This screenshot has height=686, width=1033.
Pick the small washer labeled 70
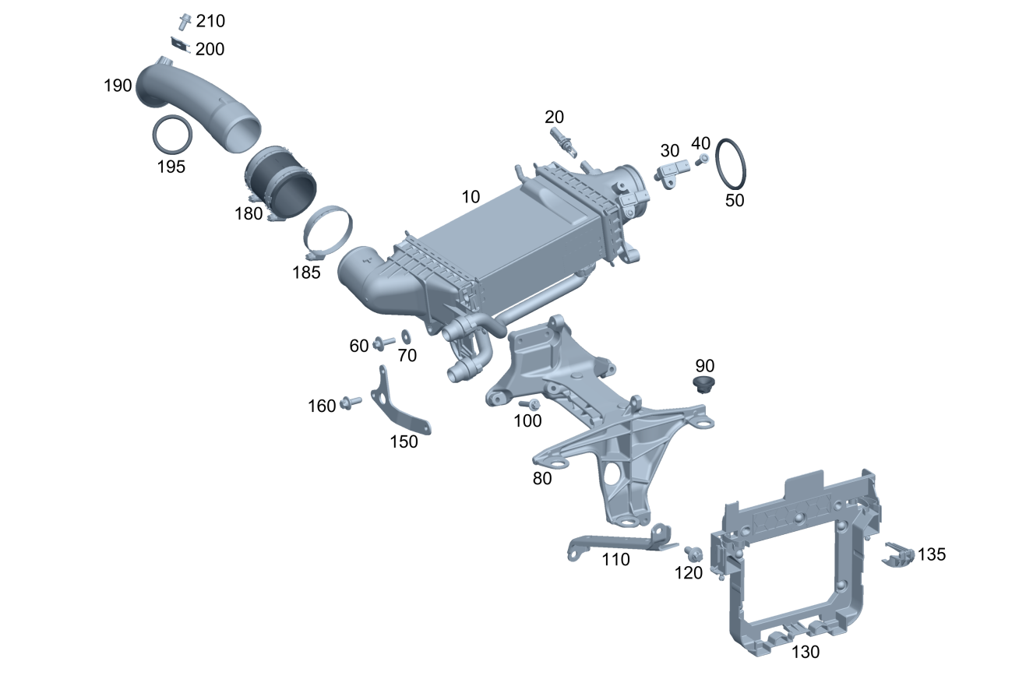[405, 337]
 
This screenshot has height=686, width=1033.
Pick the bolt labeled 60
[383, 343]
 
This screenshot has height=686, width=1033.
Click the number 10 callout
[471, 196]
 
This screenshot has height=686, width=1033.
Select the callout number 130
[806, 652]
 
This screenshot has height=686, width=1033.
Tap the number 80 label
[542, 479]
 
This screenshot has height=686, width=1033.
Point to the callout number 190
[118, 86]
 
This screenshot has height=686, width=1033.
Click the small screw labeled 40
[703, 160]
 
